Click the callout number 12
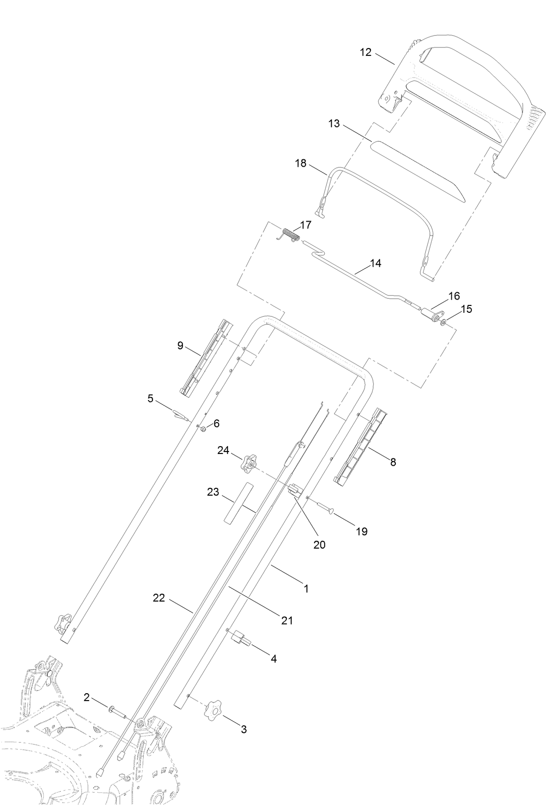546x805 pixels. click(365, 52)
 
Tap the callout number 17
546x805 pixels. click(306, 225)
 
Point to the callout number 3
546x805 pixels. click(244, 729)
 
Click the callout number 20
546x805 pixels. click(320, 544)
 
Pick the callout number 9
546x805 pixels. click(181, 346)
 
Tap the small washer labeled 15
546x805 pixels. click(443, 323)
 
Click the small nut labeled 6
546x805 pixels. click(202, 429)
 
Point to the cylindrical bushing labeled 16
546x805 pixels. click(432, 315)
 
